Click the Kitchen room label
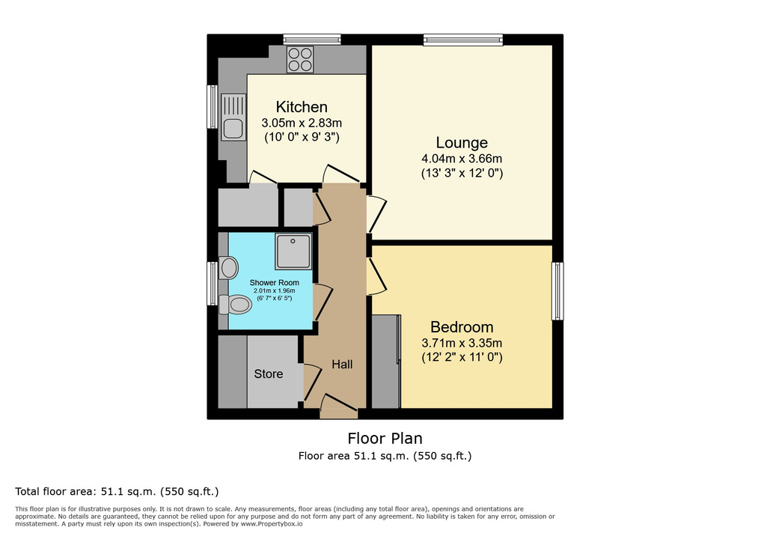(x=301, y=106)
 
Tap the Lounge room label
(x=462, y=142)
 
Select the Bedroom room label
(x=462, y=326)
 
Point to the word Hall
(x=342, y=364)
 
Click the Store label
(x=268, y=374)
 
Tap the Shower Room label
(x=274, y=282)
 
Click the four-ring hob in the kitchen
(x=300, y=59)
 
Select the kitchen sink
(x=233, y=117)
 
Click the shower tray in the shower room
(x=293, y=251)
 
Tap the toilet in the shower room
(x=235, y=305)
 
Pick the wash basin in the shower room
(x=228, y=268)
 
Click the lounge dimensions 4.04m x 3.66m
(x=462, y=159)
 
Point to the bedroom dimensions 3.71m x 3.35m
(x=462, y=343)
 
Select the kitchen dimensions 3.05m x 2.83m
(x=302, y=123)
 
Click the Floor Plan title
(x=385, y=438)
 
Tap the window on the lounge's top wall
(x=463, y=40)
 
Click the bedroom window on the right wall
(x=558, y=291)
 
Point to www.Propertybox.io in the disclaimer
(x=272, y=524)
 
